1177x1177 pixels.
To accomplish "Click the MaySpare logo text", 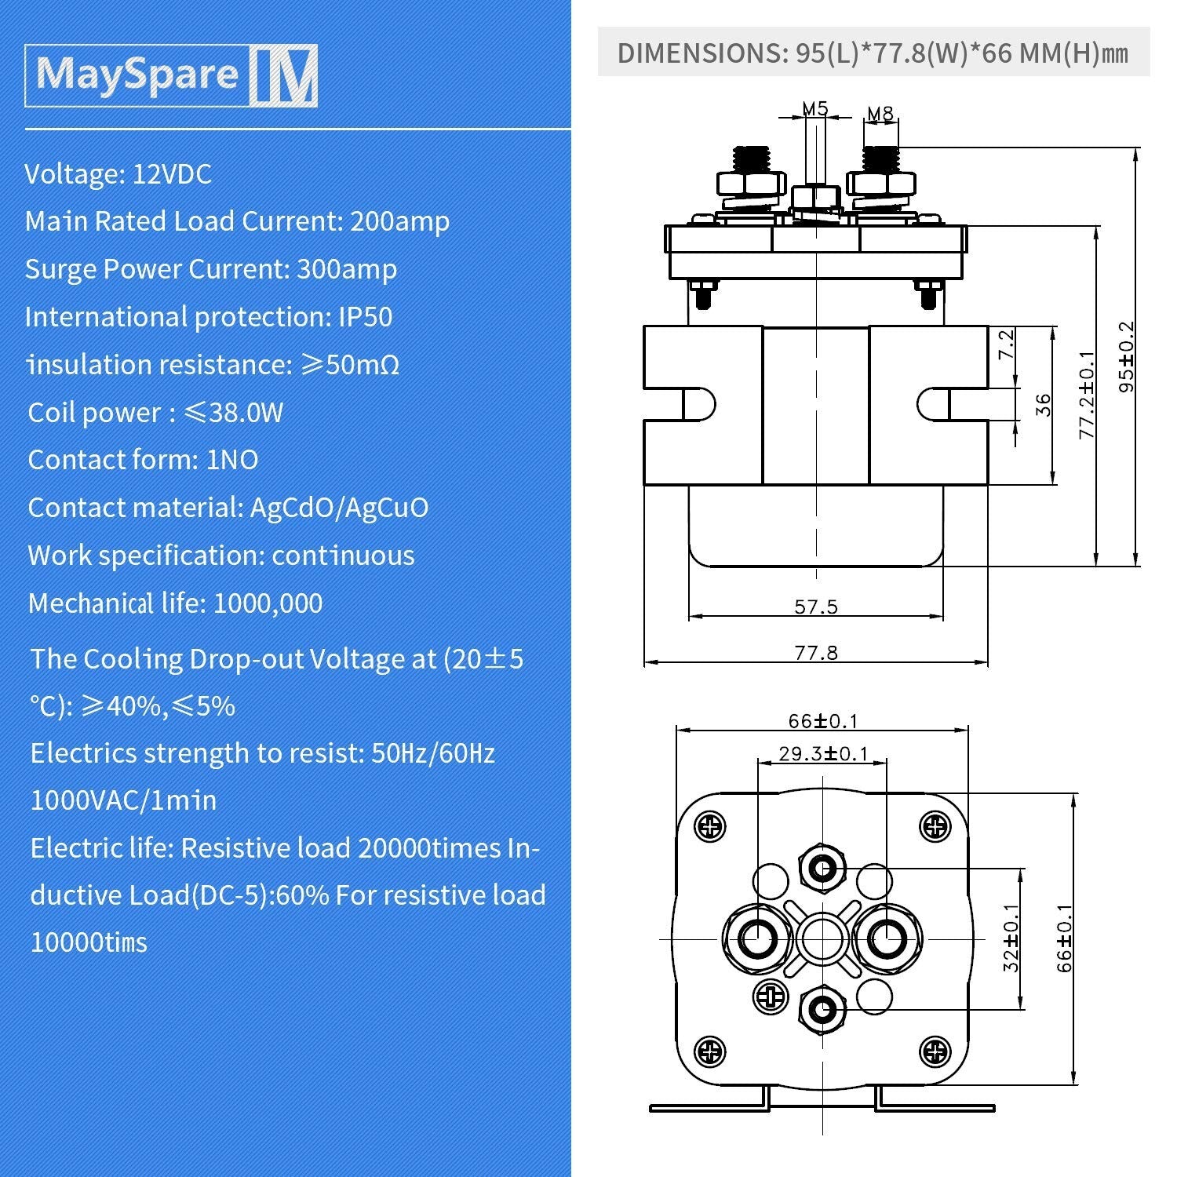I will click(x=137, y=75).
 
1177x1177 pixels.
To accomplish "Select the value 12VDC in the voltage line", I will click(x=172, y=174).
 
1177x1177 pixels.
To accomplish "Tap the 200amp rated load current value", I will click(x=399, y=222).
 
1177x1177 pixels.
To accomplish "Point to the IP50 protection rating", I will click(x=365, y=318).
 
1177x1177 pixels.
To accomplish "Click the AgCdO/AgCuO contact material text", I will click(x=339, y=508).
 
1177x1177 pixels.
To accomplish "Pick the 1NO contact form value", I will click(x=231, y=461).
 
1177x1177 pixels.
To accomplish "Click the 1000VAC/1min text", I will click(x=123, y=801).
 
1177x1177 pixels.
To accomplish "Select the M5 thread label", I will click(x=815, y=108).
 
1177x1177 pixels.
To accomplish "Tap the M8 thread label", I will click(x=880, y=114).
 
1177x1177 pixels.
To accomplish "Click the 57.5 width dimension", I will click(x=816, y=607).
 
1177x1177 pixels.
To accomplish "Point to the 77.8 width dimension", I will click(x=816, y=653).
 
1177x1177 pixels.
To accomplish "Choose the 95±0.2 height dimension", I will click(x=1126, y=357).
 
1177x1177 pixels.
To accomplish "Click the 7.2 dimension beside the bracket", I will click(x=1006, y=344).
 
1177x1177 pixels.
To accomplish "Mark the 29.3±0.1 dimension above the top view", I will click(x=823, y=754).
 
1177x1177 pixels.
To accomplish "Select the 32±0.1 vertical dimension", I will click(x=1011, y=938).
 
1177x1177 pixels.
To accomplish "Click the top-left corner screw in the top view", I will click(x=711, y=826).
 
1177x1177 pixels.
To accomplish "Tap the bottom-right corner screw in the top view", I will click(x=935, y=1051).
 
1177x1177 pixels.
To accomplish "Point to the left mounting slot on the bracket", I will click(x=698, y=405).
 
